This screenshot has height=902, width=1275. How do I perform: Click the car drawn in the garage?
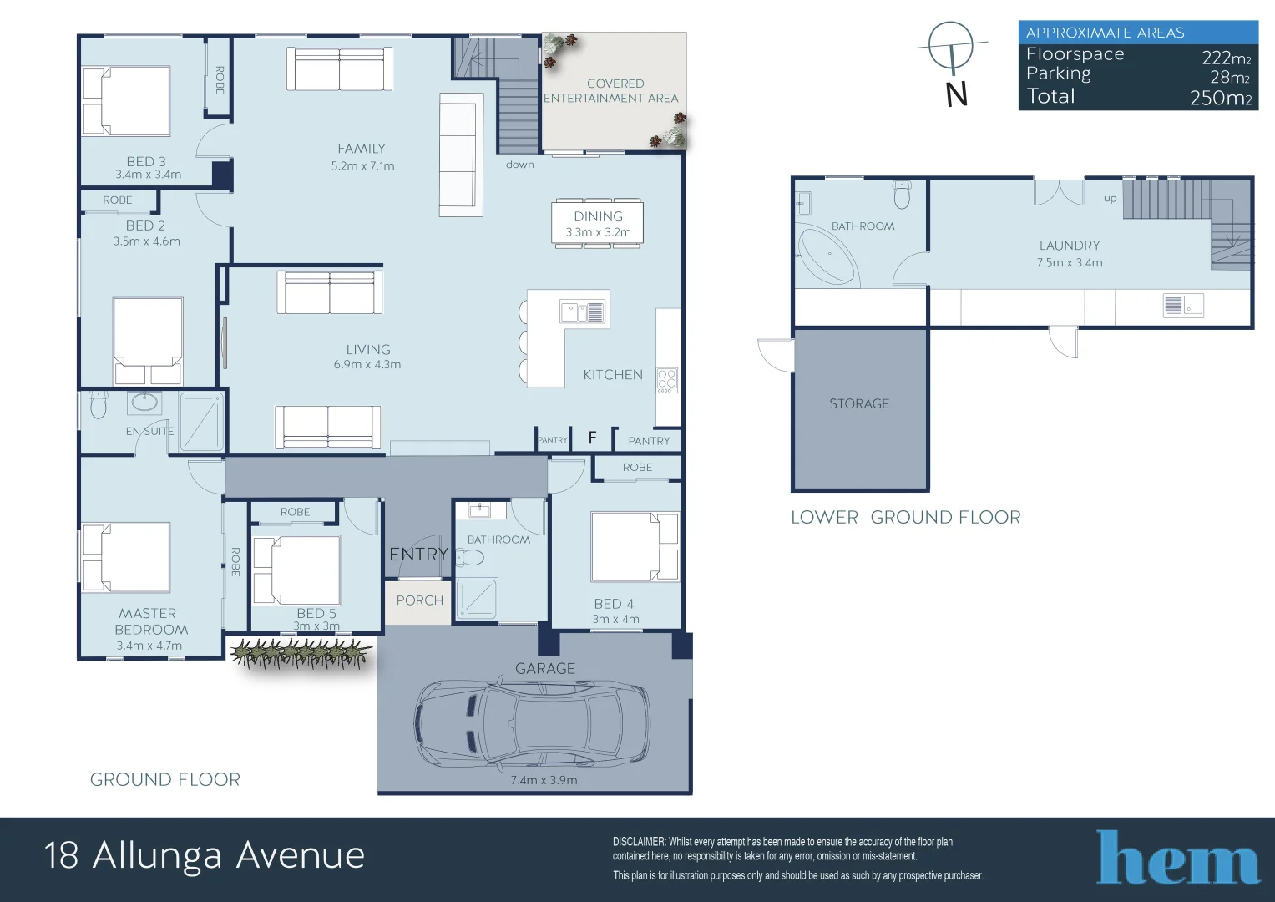coord(532,723)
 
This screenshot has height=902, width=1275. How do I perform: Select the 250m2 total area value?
coord(1220,98)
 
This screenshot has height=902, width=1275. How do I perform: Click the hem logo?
coord(1177,858)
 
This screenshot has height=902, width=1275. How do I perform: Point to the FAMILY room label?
coord(362,149)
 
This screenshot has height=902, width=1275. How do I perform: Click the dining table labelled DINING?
coord(598,223)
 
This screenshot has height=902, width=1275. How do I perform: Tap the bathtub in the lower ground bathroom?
coord(827,255)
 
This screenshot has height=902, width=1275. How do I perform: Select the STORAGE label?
coord(859,404)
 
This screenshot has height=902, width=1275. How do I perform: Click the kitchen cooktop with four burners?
coord(666,380)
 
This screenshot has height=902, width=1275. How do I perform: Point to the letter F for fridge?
coord(592,438)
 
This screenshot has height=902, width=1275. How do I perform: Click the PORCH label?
coord(420,600)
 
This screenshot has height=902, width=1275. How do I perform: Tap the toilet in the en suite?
coord(99,405)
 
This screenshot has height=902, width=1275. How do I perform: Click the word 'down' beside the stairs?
coord(519,165)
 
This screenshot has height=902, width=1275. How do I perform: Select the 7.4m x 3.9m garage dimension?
coord(544,780)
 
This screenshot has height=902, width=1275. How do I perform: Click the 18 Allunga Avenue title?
coord(205,855)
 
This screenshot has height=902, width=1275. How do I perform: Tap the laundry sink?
coord(1182,306)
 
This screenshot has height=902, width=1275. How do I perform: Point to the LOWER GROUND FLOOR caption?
coord(905,518)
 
